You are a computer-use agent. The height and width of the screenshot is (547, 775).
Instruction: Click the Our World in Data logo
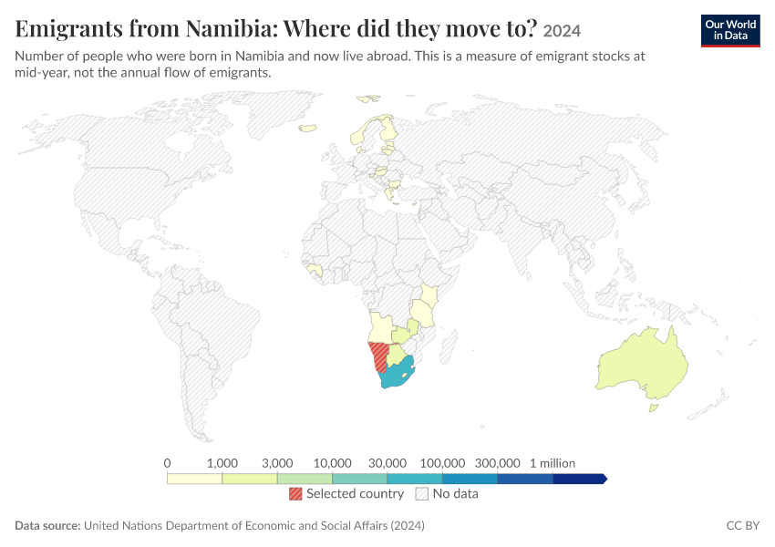coord(730,31)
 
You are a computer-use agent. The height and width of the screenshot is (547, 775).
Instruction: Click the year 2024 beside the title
coord(562,31)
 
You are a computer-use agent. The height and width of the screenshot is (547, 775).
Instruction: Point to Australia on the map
coord(643,363)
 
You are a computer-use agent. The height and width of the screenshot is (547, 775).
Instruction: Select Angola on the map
coord(380,327)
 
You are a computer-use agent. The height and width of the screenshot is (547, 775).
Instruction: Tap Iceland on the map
coord(308,129)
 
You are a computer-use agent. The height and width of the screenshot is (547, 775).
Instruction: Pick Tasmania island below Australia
coord(654,408)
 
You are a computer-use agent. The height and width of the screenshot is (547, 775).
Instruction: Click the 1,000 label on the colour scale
coord(222,463)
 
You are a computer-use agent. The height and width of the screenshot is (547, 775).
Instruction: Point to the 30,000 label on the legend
coord(387,463)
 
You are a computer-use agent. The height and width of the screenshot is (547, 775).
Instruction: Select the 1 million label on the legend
coord(553,463)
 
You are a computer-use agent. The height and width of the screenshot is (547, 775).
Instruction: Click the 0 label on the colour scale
coord(167,463)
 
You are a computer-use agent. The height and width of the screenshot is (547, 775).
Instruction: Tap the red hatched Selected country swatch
coord(295,493)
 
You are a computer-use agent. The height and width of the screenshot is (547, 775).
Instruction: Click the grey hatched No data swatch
coord(421,493)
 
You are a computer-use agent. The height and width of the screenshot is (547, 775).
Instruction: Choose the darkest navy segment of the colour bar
coord(579,479)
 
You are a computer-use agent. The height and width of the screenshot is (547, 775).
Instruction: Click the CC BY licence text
coord(742,525)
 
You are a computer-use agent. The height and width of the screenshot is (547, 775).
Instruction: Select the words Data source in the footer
coord(47,525)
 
